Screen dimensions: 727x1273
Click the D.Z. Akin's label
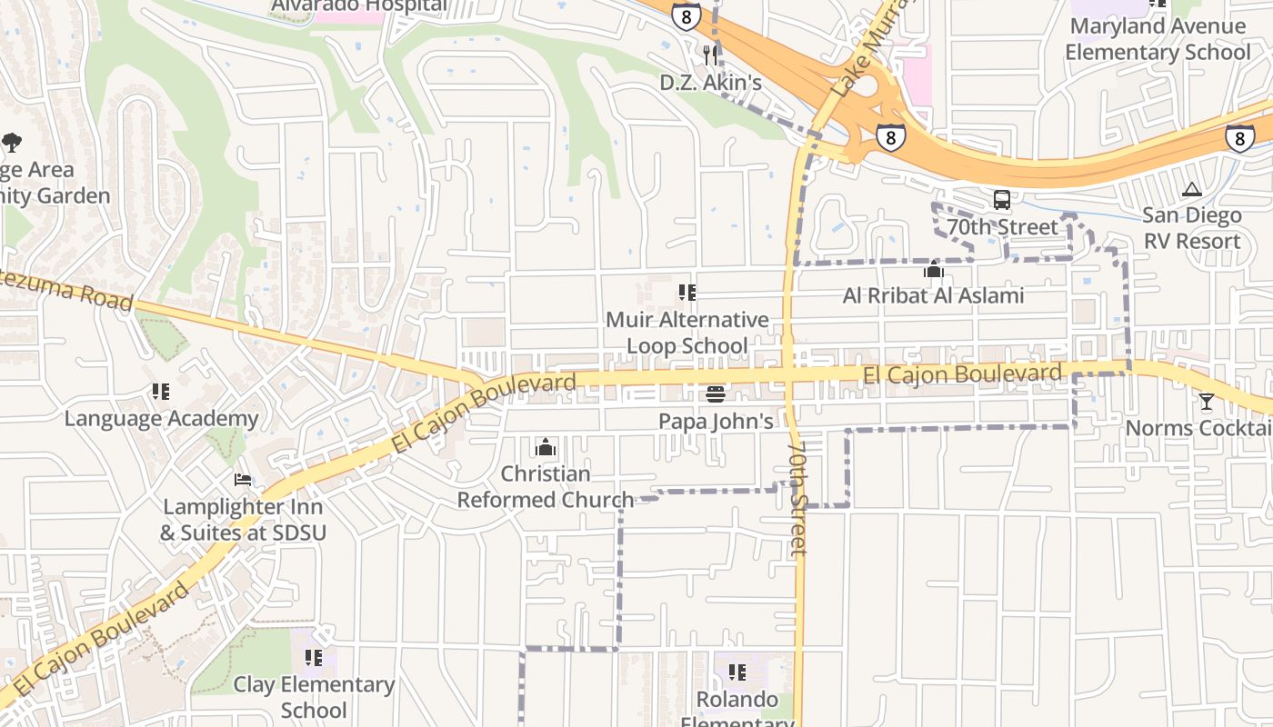710,83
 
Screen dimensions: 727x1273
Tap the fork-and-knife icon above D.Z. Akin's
710,55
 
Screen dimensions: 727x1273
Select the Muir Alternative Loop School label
687,333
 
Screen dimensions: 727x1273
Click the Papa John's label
716,421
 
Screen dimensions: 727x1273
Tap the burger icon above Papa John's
716,394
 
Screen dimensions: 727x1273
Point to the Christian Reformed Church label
546,486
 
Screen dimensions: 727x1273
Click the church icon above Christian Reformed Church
546,447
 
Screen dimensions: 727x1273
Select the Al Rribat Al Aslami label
933,295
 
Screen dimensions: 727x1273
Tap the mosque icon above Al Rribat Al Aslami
933,270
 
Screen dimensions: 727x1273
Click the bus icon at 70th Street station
1002,200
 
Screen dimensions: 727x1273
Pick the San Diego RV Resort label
1191,228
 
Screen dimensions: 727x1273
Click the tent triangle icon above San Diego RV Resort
1191,190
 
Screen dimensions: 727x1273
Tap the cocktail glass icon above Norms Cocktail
1207,402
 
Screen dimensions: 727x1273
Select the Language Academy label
161,419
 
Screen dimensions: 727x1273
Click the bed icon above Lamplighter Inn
243,480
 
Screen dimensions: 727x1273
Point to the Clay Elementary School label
314,696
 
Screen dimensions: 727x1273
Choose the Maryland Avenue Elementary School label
1158,39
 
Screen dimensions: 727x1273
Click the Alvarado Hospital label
360,6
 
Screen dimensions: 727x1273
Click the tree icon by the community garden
12,143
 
